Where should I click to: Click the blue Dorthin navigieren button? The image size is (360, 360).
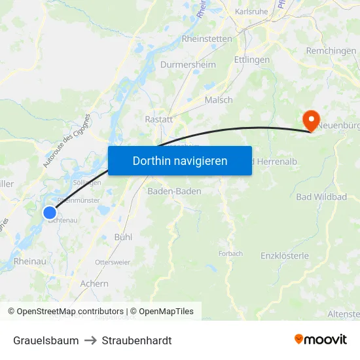(180, 160)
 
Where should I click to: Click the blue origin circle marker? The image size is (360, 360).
(50, 212)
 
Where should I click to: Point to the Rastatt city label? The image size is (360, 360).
(158, 120)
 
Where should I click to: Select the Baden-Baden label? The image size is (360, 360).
(174, 191)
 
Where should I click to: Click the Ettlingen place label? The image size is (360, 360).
(251, 60)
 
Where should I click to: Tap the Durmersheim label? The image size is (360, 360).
(188, 65)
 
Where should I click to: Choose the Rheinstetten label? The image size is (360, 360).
(207, 39)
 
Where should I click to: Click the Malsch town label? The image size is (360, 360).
(219, 100)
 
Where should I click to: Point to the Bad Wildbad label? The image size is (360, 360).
(321, 196)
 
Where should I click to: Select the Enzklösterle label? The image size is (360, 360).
(285, 255)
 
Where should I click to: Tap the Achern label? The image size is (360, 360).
(94, 283)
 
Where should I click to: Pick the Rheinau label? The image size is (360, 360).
(29, 261)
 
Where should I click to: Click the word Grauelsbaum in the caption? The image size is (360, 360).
(46, 340)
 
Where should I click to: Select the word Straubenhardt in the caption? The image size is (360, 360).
(137, 340)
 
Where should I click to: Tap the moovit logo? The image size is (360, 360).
(321, 339)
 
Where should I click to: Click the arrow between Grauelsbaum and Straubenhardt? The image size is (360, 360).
(90, 340)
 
